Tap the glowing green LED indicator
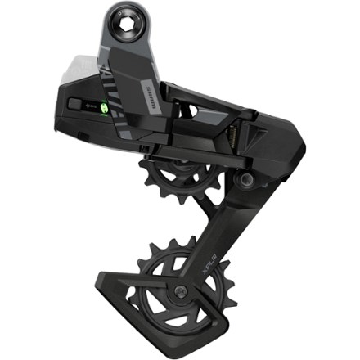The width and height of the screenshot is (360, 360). point(104,105)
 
